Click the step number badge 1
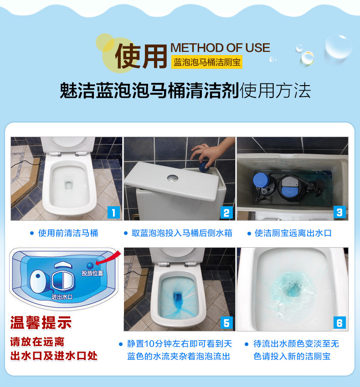(113, 213)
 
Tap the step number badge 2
(226, 213)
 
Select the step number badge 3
(339, 212)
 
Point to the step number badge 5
(226, 323)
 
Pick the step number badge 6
(339, 323)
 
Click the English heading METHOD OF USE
(220, 48)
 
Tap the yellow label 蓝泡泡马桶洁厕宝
(207, 62)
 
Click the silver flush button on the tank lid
(172, 177)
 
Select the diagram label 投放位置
(93, 273)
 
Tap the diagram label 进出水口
(62, 297)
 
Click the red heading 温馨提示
(41, 322)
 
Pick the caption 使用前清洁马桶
(68, 233)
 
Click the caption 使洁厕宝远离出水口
(293, 233)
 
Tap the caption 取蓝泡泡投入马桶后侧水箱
(182, 233)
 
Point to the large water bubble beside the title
(338, 46)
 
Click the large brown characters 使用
(141, 56)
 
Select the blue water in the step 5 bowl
(177, 298)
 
